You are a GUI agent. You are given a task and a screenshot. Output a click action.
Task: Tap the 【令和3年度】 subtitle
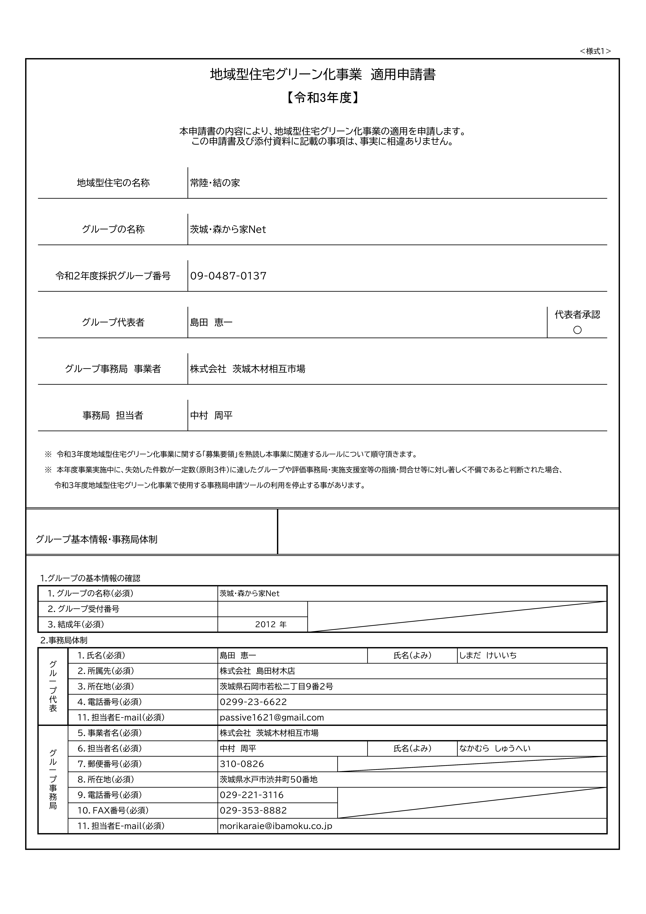pos(323,98)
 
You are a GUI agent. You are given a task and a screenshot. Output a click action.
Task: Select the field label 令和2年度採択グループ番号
pos(113,276)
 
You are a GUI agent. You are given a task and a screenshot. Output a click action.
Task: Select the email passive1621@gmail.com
pos(272,717)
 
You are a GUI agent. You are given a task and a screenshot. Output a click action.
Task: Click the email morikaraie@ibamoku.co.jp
pos(276,826)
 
